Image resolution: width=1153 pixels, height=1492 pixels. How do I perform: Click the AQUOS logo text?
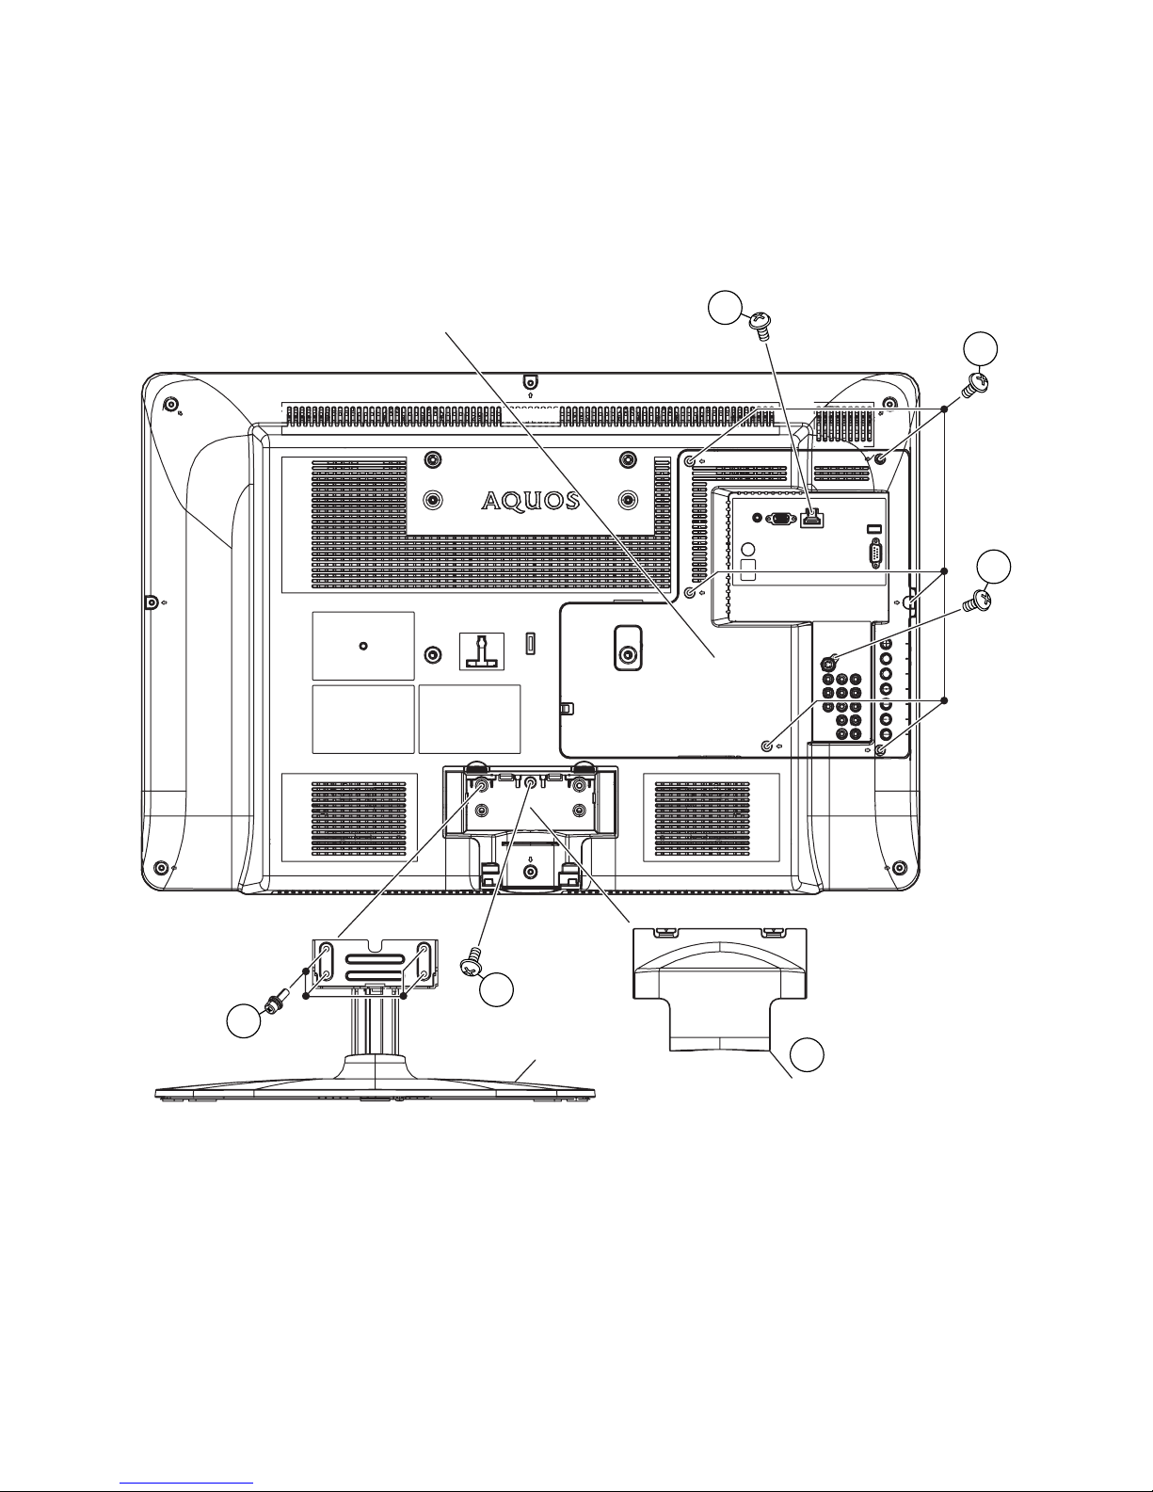click(x=530, y=501)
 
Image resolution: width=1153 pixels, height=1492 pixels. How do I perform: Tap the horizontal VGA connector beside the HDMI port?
click(x=780, y=518)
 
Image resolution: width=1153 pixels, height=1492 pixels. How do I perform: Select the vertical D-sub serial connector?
click(x=876, y=553)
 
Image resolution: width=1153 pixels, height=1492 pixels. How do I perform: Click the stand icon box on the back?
click(x=482, y=650)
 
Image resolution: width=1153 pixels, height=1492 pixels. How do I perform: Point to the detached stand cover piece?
click(x=719, y=988)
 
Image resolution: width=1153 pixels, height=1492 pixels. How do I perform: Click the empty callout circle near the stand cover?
click(x=807, y=1054)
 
